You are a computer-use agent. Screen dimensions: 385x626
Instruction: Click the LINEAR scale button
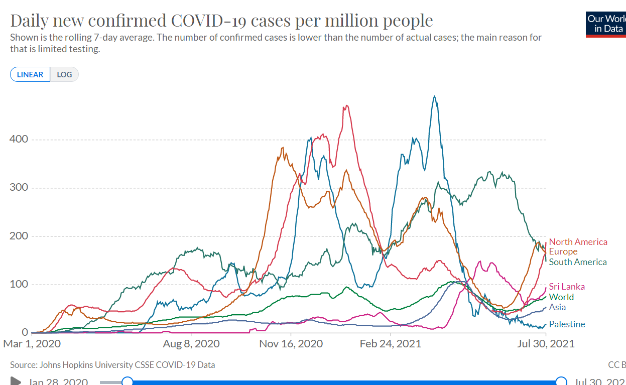click(x=30, y=75)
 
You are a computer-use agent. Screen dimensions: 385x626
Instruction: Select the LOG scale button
click(x=64, y=75)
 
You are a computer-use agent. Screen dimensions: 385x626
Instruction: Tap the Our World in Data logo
click(x=606, y=24)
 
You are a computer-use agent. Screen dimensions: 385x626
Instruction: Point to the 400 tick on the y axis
click(x=19, y=139)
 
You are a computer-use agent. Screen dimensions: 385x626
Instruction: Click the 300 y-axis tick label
click(x=19, y=188)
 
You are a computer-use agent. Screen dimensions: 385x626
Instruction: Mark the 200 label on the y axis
click(x=19, y=236)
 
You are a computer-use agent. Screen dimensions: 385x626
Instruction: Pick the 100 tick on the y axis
click(x=19, y=285)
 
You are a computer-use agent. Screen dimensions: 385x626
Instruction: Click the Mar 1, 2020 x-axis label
click(x=32, y=344)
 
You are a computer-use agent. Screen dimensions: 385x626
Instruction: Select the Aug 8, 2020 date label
click(x=191, y=344)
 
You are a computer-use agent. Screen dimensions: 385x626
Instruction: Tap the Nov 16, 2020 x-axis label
click(x=291, y=344)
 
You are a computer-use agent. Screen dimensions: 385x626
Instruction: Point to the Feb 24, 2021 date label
click(x=390, y=344)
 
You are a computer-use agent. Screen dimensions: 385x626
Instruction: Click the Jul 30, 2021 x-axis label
click(x=546, y=344)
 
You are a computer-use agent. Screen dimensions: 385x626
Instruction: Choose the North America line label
click(x=578, y=242)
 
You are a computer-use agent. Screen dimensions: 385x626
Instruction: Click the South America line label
click(x=578, y=262)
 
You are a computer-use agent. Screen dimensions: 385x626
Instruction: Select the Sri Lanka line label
click(x=567, y=287)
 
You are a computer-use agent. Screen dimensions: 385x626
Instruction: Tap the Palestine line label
click(x=567, y=324)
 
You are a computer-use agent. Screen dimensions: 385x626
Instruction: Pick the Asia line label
click(x=557, y=307)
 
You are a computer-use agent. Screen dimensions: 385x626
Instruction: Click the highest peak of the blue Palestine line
click(x=435, y=96)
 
